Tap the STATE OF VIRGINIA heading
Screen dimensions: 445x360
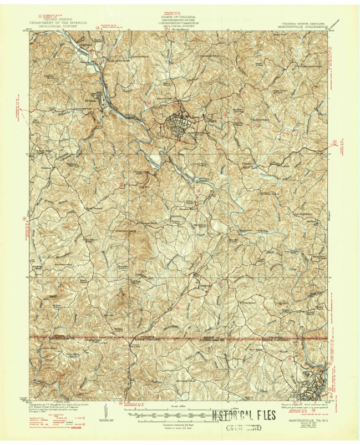[x=180, y=17]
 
